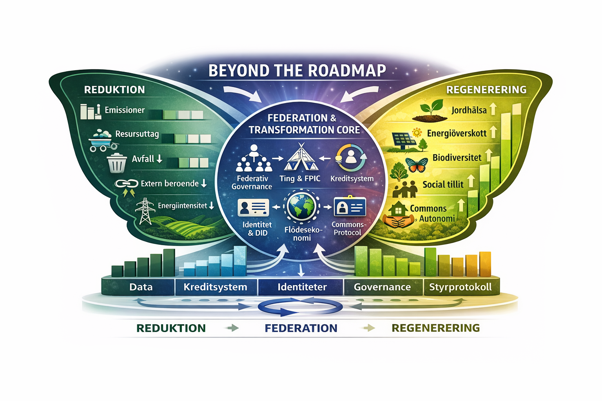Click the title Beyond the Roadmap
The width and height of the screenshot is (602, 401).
[297, 70]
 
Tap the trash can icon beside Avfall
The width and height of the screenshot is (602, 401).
[117, 163]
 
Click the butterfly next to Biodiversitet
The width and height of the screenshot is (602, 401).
[416, 164]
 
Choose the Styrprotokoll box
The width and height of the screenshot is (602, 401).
[461, 287]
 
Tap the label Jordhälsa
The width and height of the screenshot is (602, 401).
[469, 110]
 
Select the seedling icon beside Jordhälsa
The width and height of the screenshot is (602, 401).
[430, 111]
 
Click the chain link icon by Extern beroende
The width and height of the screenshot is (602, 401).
[127, 184]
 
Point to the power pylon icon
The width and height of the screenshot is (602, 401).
[145, 211]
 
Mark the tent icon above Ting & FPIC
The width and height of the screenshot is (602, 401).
[301, 157]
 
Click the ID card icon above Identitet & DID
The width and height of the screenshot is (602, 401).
[253, 207]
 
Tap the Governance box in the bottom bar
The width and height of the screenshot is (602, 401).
[383, 287]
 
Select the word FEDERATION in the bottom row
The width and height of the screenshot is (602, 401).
[301, 328]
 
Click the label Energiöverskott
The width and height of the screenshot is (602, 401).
[457, 134]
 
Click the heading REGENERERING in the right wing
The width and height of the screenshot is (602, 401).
[486, 90]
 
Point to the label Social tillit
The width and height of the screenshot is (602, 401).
[443, 184]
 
